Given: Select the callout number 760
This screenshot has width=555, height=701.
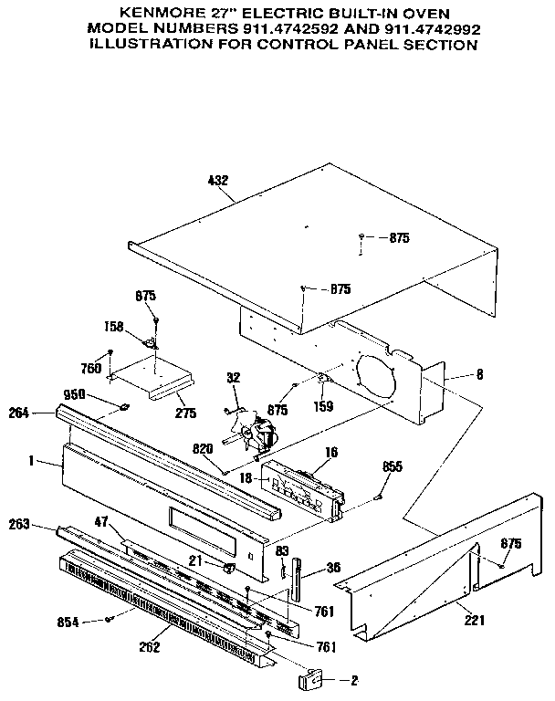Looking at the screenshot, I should pos(91,369).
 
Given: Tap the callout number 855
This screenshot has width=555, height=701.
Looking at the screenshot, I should pos(393,466).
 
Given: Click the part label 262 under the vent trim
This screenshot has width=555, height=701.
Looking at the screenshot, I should pos(151,648).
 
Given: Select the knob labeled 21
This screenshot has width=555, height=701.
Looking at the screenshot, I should pos(229,568).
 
